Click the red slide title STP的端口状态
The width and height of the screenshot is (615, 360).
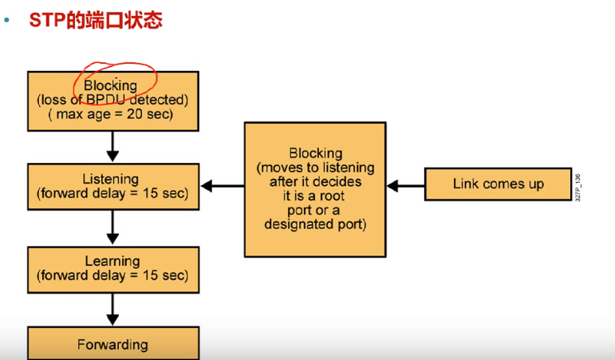pos(96,20)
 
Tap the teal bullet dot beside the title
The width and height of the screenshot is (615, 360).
pos(6,20)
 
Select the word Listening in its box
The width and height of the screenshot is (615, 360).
pos(111,179)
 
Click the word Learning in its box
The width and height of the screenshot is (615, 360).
pos(112,261)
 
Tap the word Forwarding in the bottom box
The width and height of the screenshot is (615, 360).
pos(112,345)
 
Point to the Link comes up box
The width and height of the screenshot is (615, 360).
pos(498,184)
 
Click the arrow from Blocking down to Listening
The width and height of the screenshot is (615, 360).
pos(112,146)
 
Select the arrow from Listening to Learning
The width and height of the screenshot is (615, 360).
pos(112,227)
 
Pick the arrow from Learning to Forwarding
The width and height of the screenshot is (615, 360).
pos(112,310)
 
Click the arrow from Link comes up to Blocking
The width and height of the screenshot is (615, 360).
pos(405,186)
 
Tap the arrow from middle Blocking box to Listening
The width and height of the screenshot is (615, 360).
pos(223,186)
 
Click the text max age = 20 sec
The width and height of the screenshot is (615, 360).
pos(115,114)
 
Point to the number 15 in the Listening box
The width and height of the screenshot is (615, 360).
pos(150,193)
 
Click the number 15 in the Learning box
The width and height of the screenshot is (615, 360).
pos(150,275)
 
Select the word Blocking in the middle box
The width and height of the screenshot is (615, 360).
pos(316,153)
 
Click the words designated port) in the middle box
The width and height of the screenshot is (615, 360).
pos(315,224)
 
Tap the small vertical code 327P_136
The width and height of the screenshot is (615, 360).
pos(578,188)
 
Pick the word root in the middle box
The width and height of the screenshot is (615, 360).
pos(332,196)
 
